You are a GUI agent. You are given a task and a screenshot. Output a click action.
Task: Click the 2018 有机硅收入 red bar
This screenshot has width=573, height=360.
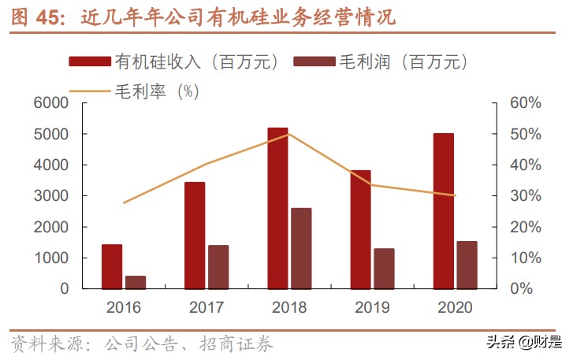(277, 208)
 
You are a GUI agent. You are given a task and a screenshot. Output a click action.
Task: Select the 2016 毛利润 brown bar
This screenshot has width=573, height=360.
(136, 282)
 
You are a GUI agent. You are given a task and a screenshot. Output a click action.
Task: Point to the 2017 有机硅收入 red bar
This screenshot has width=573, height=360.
(195, 236)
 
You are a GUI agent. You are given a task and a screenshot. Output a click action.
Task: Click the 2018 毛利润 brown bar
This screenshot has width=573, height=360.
(301, 248)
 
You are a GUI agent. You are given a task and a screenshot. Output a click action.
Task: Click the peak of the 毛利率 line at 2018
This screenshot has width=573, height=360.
(288, 134)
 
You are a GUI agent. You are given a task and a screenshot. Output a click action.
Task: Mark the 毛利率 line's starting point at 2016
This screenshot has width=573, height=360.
(124, 203)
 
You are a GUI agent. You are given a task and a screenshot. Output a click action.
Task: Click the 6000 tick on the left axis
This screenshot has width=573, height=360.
(51, 103)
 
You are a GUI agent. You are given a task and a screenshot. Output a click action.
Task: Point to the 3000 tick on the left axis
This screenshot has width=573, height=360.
(51, 196)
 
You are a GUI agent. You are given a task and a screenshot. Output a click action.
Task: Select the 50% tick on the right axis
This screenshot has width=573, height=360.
(522, 134)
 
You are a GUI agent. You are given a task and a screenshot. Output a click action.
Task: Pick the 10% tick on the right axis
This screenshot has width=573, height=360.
(522, 258)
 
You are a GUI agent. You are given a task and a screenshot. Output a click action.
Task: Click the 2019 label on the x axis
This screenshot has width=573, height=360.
(372, 307)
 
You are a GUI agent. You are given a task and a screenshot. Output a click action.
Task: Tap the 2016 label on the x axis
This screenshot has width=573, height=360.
(124, 307)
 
